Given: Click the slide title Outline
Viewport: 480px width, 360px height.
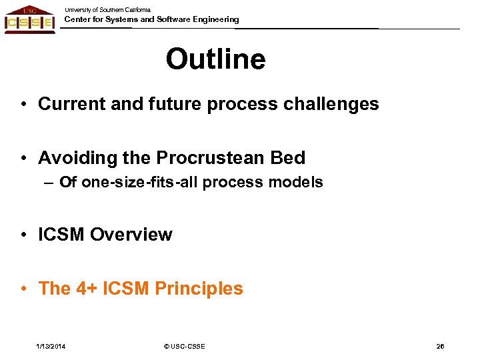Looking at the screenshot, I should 215,59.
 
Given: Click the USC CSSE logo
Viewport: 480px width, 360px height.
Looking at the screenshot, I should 29,20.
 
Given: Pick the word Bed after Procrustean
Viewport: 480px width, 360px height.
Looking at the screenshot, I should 288,158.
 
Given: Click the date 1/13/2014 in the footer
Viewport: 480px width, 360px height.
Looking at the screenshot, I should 51,346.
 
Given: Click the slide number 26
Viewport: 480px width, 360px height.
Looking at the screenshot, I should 440,346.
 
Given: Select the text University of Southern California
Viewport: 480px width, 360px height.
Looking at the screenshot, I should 107,10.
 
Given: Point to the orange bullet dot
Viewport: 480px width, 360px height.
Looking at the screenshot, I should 23,289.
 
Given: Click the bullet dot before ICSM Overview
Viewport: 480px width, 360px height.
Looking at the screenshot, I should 23,235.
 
